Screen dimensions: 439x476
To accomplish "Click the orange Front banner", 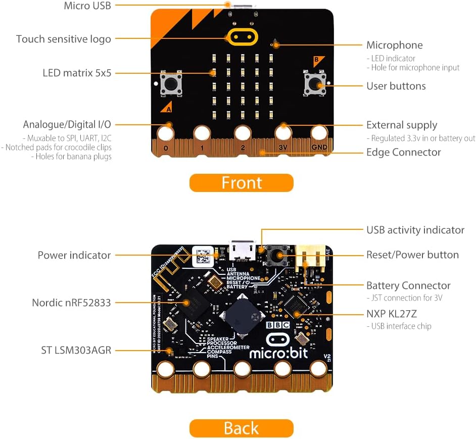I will pyautogui.click(x=241, y=183).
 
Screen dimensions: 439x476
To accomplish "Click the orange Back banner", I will pyautogui.click(x=241, y=428).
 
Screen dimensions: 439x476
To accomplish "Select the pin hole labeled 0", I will pyautogui.click(x=165, y=134).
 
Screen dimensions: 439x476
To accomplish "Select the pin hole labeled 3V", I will pyautogui.click(x=282, y=134).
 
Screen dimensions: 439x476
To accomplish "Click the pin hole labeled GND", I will pyautogui.click(x=319, y=134).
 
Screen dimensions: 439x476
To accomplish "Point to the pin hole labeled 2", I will pyautogui.click(x=242, y=134).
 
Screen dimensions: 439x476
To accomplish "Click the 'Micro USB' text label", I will pyautogui.click(x=87, y=6).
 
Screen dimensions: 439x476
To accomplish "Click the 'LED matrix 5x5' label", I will pyautogui.click(x=77, y=73).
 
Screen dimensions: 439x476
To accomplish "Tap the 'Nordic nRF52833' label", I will pyautogui.click(x=71, y=303).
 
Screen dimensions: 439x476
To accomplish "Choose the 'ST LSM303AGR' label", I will pyautogui.click(x=76, y=350).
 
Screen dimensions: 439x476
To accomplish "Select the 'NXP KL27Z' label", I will pyautogui.click(x=392, y=314).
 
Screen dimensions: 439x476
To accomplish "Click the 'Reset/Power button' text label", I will pyautogui.click(x=412, y=255).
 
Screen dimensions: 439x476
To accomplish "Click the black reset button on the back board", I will pyautogui.click(x=277, y=256).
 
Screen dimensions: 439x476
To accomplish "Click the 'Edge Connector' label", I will pyautogui.click(x=403, y=152).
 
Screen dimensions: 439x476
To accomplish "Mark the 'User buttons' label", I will pyautogui.click(x=396, y=86).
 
